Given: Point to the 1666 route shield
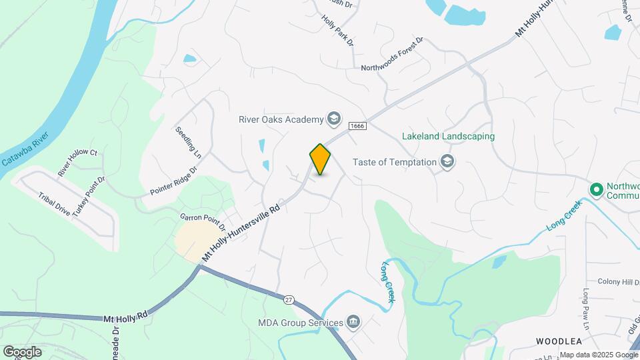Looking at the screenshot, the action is tap(357, 126).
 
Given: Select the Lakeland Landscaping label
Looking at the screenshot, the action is tap(448, 137).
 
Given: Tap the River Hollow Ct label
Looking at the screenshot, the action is tap(77, 163).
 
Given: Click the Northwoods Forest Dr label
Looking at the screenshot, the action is tap(392, 55).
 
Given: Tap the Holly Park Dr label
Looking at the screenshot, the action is tap(339, 30).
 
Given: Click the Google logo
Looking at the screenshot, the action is tap(22, 351).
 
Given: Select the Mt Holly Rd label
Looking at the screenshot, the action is tap(125, 317).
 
